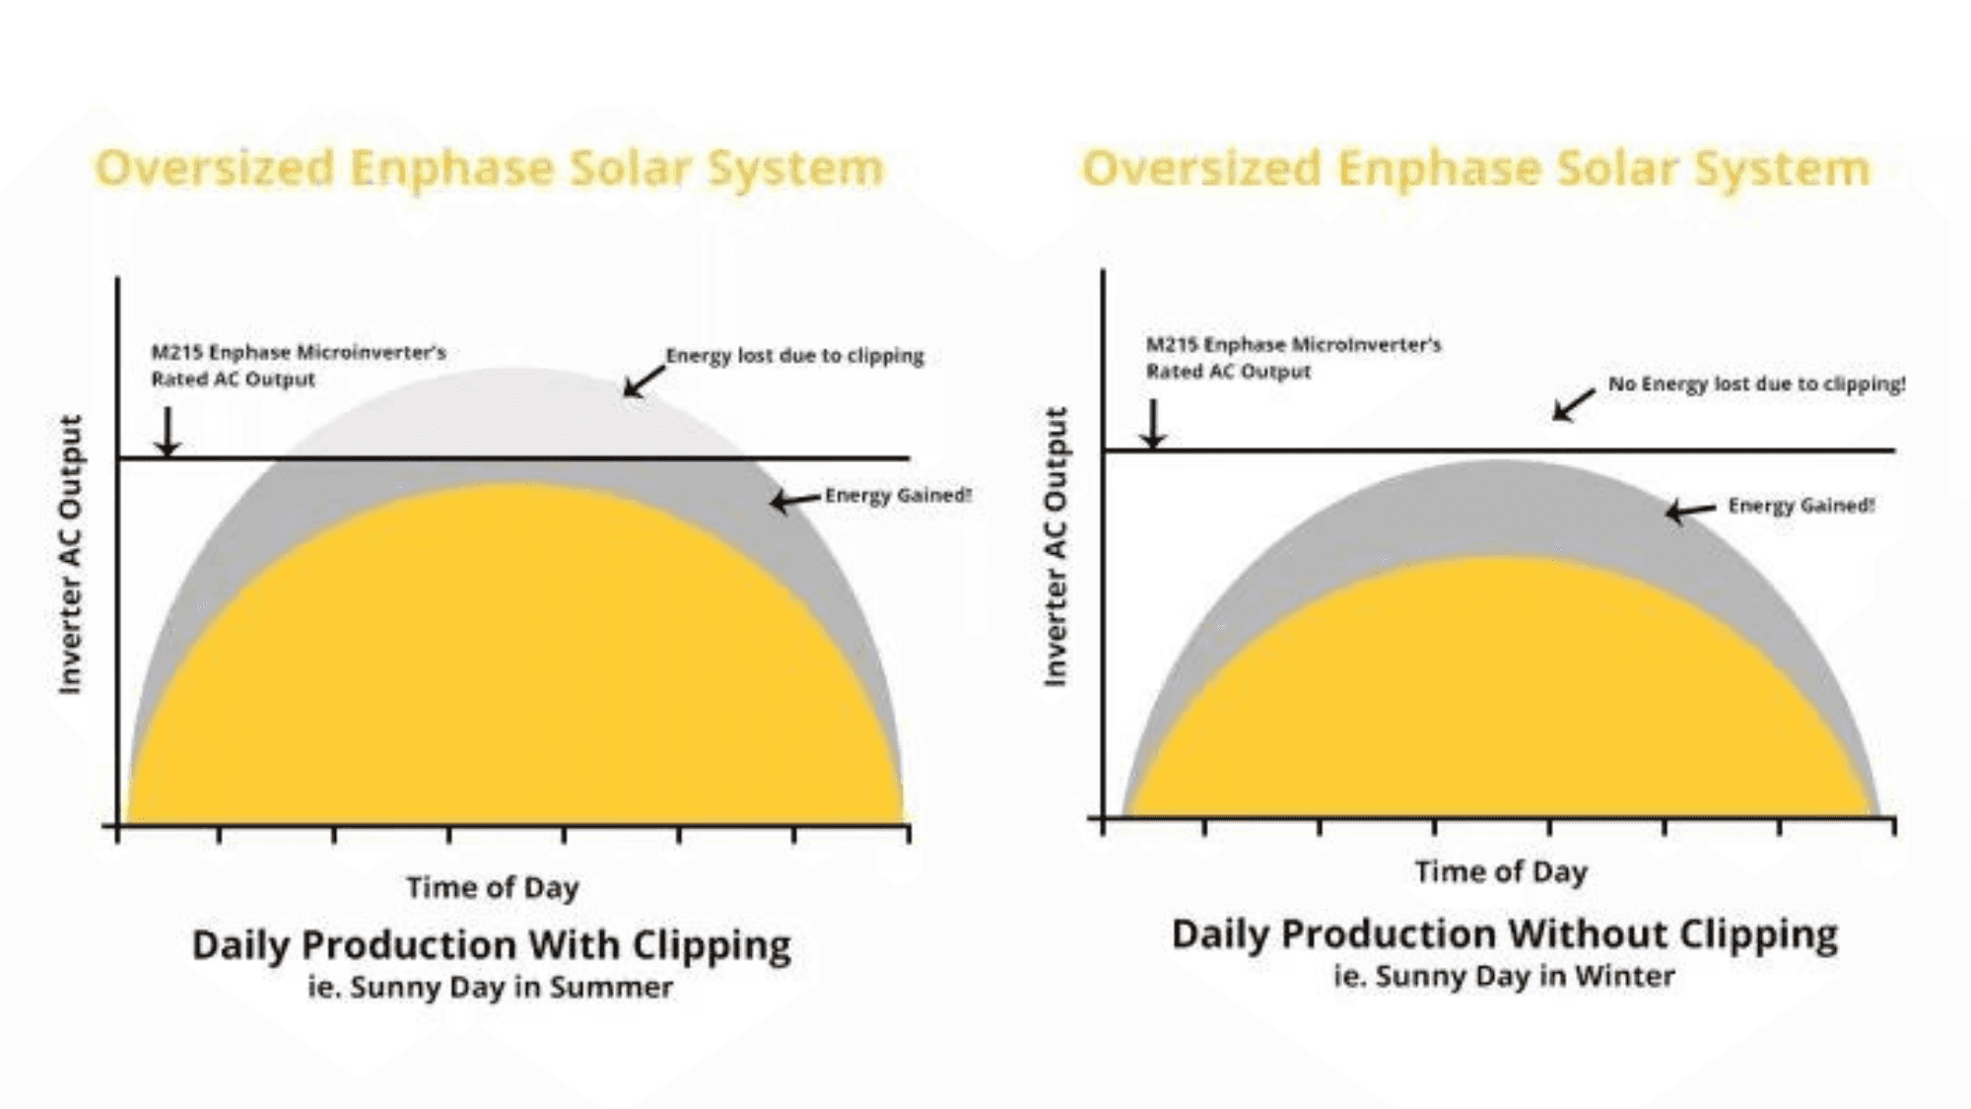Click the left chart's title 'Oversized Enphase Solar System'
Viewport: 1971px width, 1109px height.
point(490,168)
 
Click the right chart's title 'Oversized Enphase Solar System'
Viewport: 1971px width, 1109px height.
point(1475,168)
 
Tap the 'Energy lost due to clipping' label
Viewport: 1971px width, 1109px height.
point(794,355)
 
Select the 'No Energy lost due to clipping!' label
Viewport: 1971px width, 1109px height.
point(1756,383)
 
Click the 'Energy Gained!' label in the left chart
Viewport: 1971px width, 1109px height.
point(898,495)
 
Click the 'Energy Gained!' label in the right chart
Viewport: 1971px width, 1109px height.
point(1801,505)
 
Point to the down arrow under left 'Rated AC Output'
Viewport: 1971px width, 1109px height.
point(168,432)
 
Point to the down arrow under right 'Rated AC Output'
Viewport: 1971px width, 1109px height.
point(1153,423)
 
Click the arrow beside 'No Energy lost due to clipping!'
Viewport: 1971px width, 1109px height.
point(1574,404)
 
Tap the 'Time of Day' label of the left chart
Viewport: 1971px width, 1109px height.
point(493,887)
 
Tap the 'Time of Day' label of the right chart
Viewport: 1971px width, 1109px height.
point(1501,871)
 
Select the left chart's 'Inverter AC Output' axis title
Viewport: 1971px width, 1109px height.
point(70,554)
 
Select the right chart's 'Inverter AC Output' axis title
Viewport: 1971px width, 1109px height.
point(1055,546)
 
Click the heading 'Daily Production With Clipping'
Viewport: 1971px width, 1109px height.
point(491,944)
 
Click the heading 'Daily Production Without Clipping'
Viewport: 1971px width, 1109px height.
point(1504,934)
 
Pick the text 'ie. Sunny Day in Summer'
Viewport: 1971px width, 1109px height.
point(490,987)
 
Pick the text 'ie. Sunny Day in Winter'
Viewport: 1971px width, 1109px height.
point(1504,976)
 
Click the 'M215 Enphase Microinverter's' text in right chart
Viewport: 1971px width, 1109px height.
point(1293,344)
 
